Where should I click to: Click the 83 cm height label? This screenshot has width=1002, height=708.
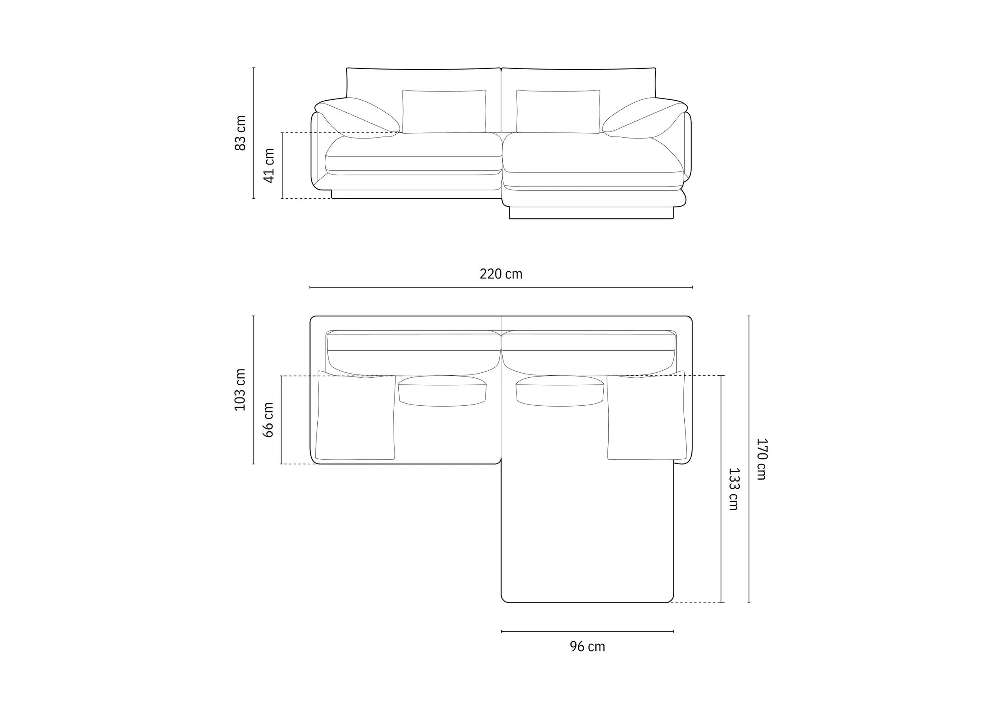point(240,133)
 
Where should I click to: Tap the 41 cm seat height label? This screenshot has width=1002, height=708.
point(269,165)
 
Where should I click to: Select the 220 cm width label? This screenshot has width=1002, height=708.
point(501,274)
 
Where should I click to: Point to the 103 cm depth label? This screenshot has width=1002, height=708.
point(240,389)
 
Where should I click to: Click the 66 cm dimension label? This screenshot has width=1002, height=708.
point(268,420)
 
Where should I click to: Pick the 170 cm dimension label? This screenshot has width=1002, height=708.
point(761,459)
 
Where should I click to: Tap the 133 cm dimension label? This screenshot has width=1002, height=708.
point(734,489)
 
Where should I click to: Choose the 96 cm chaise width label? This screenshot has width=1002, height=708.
point(587,647)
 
